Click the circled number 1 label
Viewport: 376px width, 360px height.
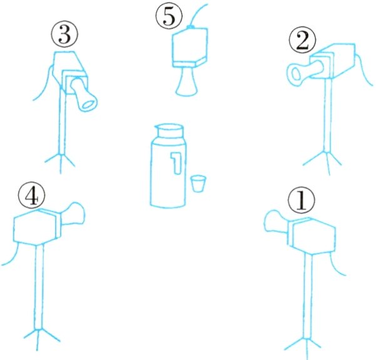pos(302,200)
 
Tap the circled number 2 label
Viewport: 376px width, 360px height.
pos(303,40)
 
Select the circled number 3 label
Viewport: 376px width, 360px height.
pos(64,34)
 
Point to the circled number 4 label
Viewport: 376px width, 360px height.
pos(31,197)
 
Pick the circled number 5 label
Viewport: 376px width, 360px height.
pos(169,16)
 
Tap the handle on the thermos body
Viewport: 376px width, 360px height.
pos(176,162)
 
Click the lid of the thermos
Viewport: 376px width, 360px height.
pos(170,131)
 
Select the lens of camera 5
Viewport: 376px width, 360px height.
pos(187,81)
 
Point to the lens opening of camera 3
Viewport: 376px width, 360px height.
pos(89,105)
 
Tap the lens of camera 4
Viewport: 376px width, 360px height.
pos(73,213)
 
